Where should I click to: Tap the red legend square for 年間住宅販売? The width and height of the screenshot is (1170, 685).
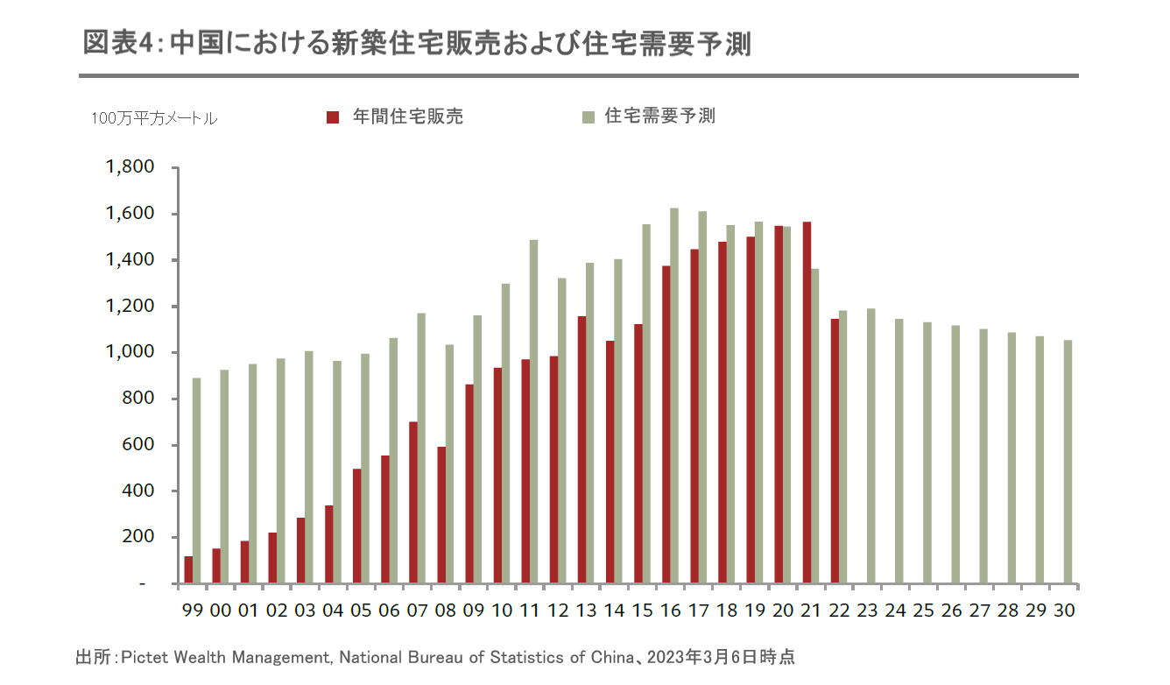[332, 117]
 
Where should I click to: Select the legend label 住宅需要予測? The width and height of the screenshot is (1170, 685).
[659, 116]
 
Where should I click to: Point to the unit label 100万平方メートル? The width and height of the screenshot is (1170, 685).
[154, 119]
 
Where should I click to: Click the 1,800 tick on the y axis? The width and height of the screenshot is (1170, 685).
[130, 167]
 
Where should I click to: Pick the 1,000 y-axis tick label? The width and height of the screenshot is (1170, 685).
[130, 352]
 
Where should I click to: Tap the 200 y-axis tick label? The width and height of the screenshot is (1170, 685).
[137, 537]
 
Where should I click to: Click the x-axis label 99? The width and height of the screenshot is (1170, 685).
[192, 611]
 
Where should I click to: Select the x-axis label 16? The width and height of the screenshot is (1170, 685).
[670, 611]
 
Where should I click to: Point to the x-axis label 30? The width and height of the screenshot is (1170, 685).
[1064, 611]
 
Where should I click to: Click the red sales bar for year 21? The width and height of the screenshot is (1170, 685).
[807, 403]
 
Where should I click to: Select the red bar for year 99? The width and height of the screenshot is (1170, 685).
[188, 569]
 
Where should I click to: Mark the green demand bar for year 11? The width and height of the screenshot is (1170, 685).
[533, 412]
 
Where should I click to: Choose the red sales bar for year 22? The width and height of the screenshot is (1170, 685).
[835, 451]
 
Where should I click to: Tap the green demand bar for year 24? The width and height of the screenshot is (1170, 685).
[899, 451]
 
